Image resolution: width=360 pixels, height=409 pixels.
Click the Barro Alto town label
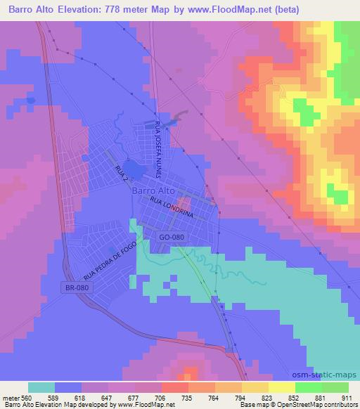[x=153, y=190]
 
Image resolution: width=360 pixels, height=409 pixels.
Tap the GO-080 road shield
[x=172, y=238]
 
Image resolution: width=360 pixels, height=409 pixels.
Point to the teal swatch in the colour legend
[x=41, y=387]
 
